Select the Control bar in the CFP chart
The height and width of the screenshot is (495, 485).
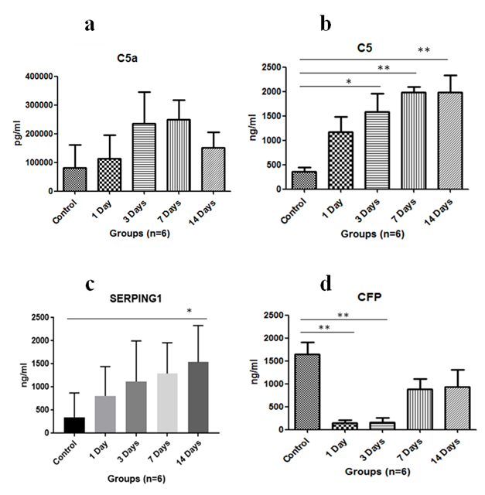308,391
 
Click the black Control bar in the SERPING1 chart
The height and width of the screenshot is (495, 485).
74,425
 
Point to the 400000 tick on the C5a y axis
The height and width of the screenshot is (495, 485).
39,77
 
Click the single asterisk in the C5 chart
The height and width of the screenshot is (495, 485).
350,80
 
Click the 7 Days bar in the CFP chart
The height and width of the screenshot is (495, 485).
398,409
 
